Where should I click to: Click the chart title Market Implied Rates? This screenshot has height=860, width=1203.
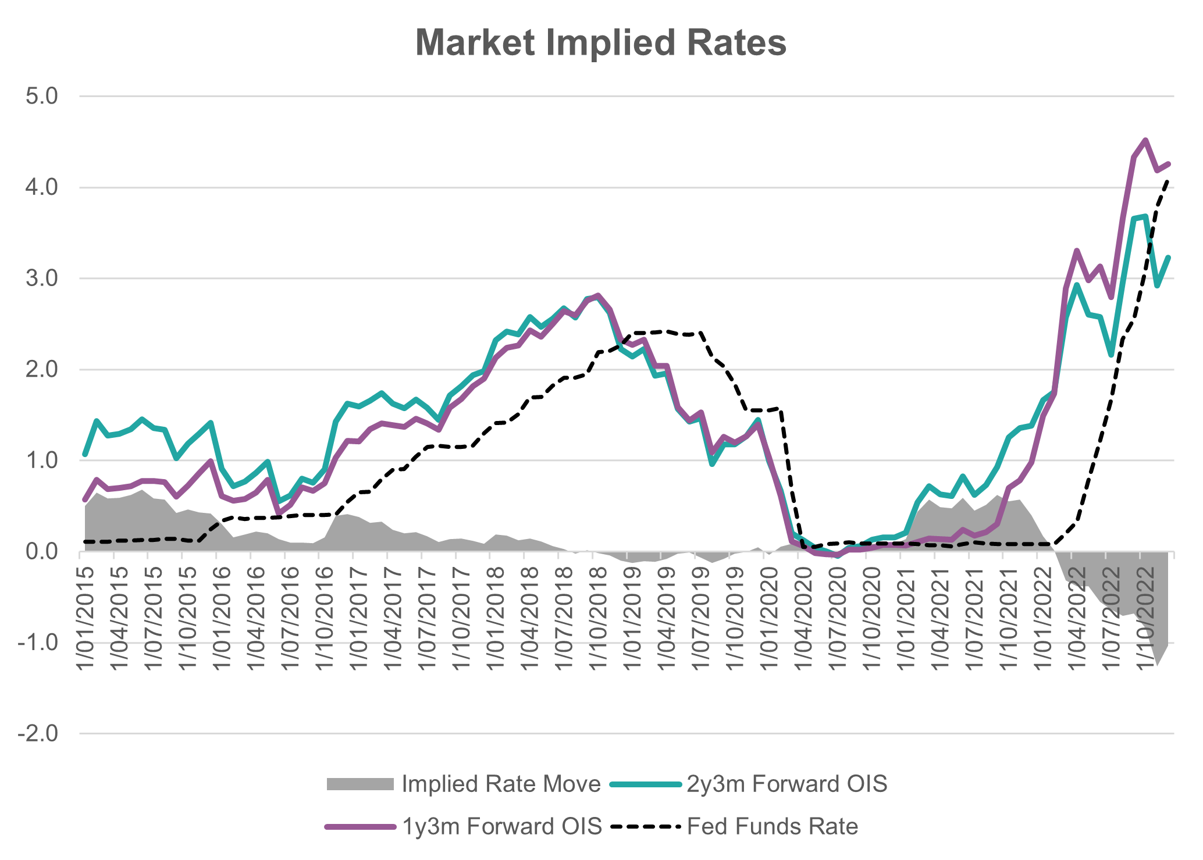[x=601, y=42]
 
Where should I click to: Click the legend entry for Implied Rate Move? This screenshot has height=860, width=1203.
[x=500, y=784]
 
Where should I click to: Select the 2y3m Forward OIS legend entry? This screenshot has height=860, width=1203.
[x=786, y=784]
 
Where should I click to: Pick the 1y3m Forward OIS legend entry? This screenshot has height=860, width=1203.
[x=501, y=826]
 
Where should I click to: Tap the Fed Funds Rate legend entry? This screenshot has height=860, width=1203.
[x=772, y=826]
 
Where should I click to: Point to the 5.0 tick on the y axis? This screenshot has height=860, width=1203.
[x=42, y=97]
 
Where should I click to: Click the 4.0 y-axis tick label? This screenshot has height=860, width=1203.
[x=42, y=187]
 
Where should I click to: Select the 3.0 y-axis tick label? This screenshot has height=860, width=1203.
[x=42, y=279]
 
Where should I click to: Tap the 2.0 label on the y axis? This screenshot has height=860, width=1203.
[x=42, y=369]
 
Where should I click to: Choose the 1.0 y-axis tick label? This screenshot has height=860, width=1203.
[x=42, y=461]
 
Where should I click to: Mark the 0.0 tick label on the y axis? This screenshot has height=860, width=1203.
[x=42, y=551]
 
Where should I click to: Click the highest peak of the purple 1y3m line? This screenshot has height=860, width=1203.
[x=1145, y=140]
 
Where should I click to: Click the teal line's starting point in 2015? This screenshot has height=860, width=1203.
[x=85, y=454]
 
